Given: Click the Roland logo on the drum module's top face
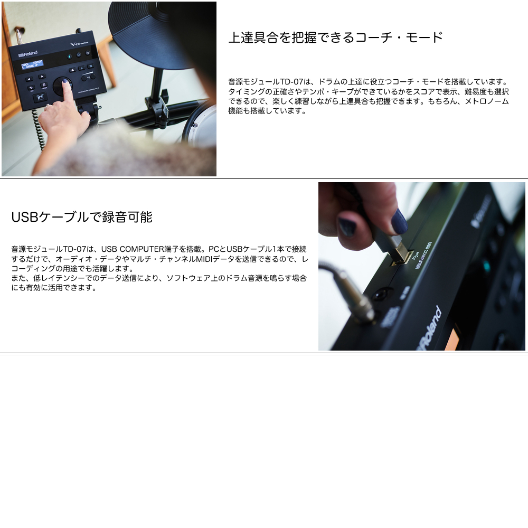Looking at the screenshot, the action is pyautogui.click(x=28, y=53).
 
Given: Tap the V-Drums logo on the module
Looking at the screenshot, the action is pyautogui.click(x=80, y=43).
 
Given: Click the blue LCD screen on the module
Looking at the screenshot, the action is pyautogui.click(x=32, y=64).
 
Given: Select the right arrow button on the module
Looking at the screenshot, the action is pyautogui.click(x=41, y=77).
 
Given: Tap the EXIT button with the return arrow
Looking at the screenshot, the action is pyautogui.click(x=31, y=88).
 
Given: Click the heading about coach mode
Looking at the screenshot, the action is pyautogui.click(x=336, y=37).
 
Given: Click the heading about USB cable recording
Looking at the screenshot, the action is pyautogui.click(x=82, y=217).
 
